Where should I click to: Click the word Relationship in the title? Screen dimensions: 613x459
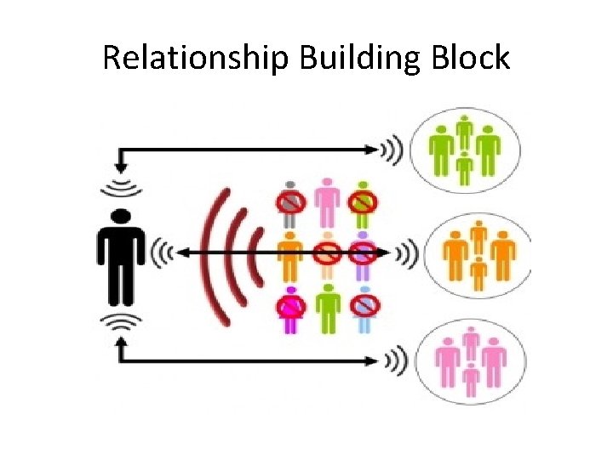click(x=196, y=58)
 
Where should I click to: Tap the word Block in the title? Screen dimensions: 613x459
click(x=476, y=58)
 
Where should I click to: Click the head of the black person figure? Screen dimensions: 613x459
click(x=120, y=217)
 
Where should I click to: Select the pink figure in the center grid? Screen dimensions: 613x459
click(x=327, y=201)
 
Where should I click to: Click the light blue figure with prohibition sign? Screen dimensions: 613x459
click(x=364, y=306)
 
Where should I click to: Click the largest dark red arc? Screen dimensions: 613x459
click(x=209, y=254)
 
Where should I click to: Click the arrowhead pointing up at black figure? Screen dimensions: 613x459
click(x=120, y=344)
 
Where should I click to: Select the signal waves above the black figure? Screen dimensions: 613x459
click(x=120, y=189)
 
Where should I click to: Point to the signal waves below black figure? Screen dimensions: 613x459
click(x=120, y=321)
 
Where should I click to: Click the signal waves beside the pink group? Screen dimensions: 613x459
click(x=393, y=360)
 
